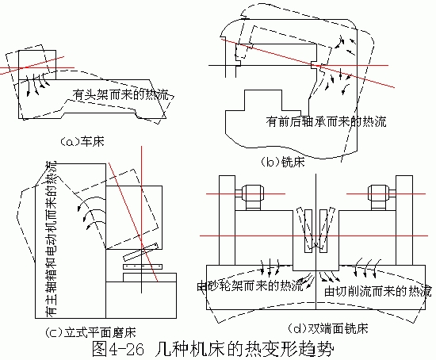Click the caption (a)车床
(82, 141)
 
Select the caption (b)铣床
(283, 162)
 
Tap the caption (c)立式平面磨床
(91, 332)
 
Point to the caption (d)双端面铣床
(328, 328)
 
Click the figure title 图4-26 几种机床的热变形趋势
(212, 349)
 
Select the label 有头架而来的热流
(121, 94)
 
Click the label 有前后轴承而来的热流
(326, 121)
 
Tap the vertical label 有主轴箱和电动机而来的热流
(51, 239)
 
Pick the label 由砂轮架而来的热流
(250, 285)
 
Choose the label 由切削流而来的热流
(378, 291)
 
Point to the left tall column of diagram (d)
(228, 220)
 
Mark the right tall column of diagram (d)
(404, 220)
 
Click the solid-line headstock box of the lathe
(37, 65)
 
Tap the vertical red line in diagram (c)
(141, 220)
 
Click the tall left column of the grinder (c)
(71, 241)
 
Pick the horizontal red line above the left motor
(246, 194)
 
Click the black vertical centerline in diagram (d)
(316, 242)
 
